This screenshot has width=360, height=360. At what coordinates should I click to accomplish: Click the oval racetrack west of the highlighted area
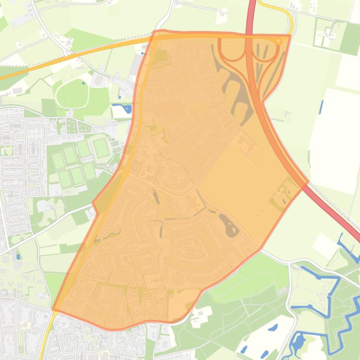[72, 94]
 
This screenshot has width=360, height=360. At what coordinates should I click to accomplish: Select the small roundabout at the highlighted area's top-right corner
[279, 41]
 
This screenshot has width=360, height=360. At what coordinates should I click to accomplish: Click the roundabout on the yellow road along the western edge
[125, 173]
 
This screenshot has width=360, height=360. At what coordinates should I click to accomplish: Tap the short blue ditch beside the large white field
[321, 107]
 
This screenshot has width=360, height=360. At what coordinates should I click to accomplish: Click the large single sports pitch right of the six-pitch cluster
[101, 148]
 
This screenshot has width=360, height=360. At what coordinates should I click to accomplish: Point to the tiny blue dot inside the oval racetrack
[83, 83]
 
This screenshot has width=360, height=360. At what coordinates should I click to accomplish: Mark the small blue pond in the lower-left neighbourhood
[18, 256]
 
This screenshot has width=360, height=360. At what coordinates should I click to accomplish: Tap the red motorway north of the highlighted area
[252, 14]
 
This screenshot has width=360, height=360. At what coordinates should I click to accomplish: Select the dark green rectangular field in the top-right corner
[350, 39]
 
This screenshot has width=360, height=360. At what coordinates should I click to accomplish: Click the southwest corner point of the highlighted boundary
[53, 309]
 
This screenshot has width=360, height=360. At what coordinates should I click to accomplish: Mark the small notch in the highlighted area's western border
[95, 206]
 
